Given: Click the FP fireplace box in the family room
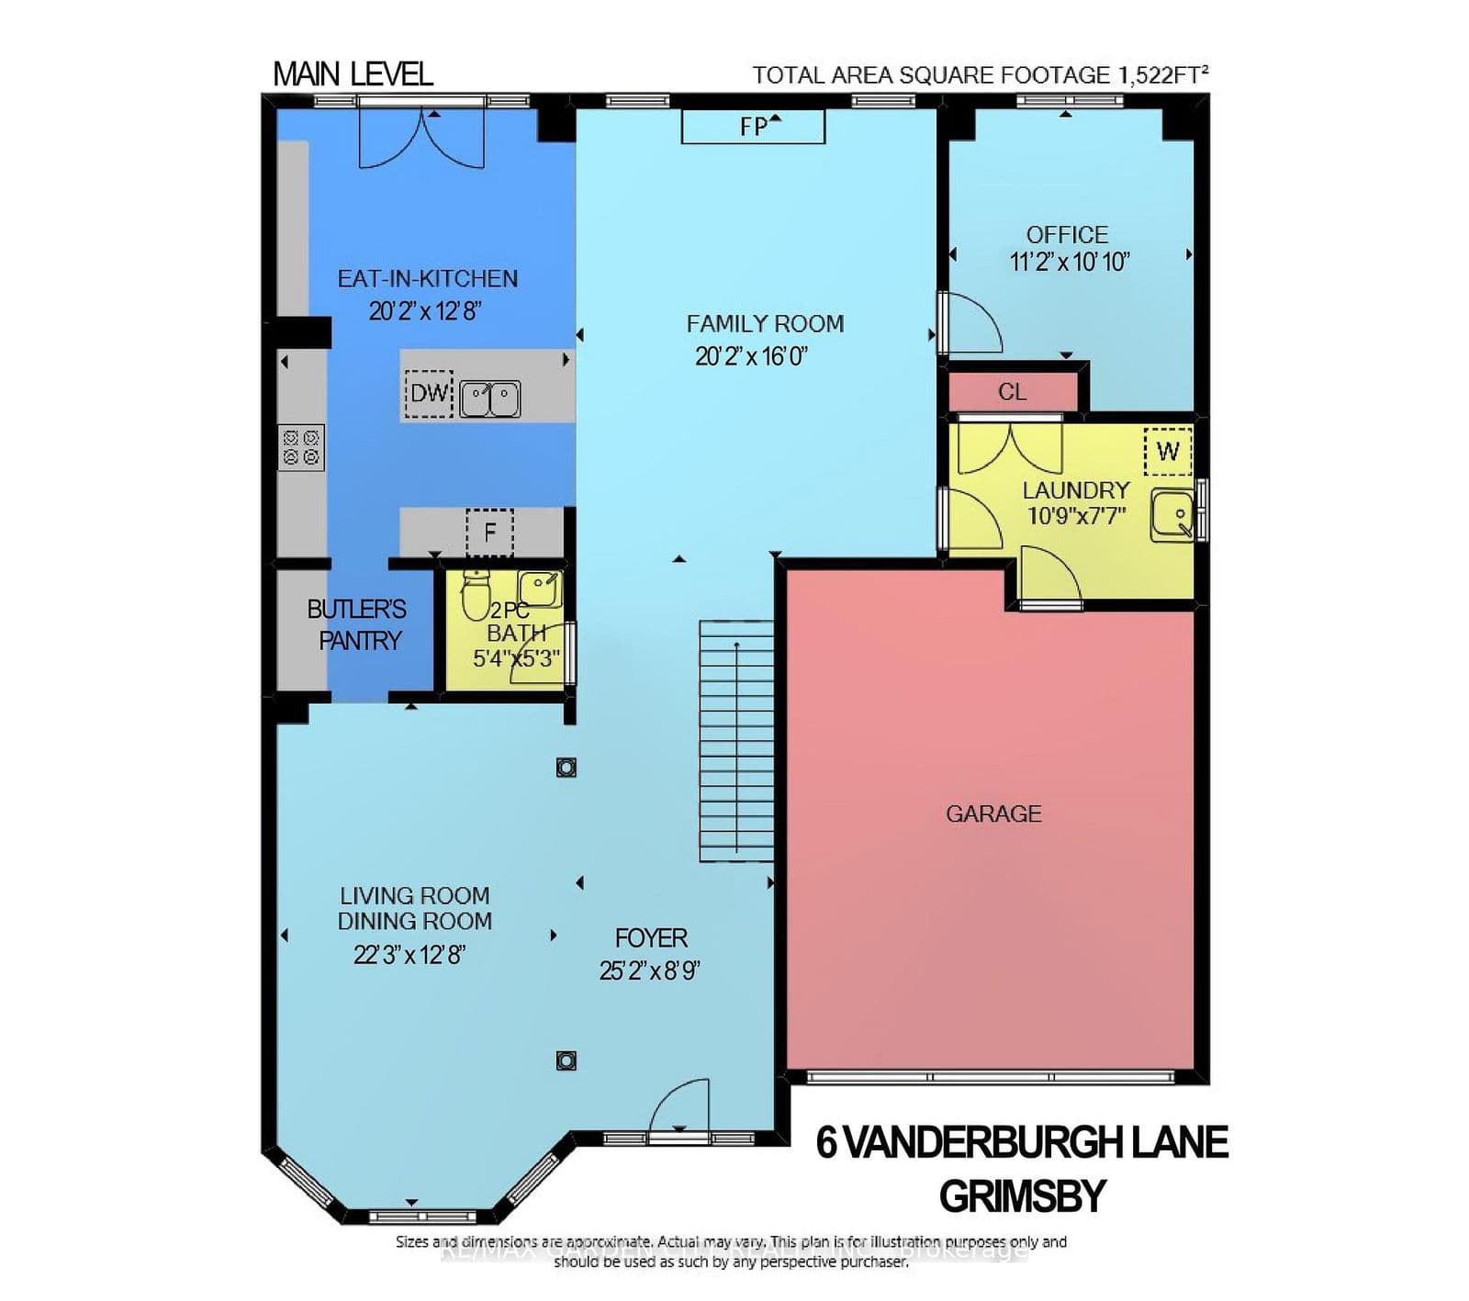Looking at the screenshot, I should [753, 127].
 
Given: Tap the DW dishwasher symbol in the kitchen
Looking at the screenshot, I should [429, 394].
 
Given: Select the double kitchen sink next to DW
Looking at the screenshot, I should [490, 399].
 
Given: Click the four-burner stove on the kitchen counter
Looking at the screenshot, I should [301, 447].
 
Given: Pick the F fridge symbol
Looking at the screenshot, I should [489, 532].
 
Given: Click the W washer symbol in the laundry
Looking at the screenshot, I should [1167, 451].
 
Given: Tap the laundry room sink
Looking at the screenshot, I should [1172, 515].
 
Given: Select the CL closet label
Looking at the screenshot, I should [1012, 392].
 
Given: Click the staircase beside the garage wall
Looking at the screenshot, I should [736, 740].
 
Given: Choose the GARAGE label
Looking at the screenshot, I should [993, 813].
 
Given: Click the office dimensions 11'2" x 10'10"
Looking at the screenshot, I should [1069, 262].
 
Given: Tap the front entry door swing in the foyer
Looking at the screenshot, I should [679, 1109].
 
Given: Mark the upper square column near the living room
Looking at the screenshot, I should [566, 768].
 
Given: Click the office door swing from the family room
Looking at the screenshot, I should [971, 323].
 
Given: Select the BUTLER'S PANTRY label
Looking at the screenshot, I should [357, 624].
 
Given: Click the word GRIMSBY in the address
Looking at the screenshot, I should [1022, 1195].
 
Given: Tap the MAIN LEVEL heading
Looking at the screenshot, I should [353, 74].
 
